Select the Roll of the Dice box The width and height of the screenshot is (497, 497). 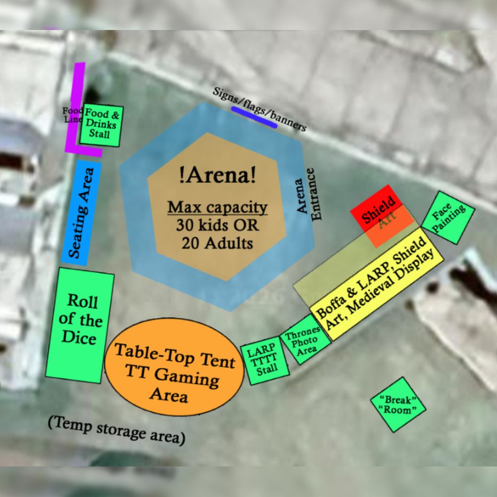80,325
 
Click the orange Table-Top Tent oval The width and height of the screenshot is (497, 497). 174,367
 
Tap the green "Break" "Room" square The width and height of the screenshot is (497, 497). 398,404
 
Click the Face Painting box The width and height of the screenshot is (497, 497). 448,217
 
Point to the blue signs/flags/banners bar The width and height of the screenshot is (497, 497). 254,117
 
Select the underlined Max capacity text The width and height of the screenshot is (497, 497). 217,207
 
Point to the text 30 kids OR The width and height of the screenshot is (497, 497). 217,225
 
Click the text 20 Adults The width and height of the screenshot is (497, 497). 217,243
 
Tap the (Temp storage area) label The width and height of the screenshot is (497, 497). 116,430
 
